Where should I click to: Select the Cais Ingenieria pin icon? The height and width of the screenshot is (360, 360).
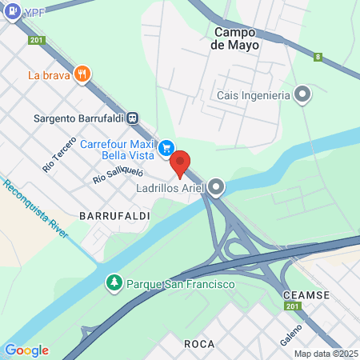tap(302, 96)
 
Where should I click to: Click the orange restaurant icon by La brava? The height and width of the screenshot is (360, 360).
tap(82, 75)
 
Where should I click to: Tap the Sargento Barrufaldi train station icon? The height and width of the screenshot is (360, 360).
tap(133, 118)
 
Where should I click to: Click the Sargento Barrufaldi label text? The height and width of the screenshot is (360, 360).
tap(78, 118)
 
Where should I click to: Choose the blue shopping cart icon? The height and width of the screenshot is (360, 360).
tap(167, 146)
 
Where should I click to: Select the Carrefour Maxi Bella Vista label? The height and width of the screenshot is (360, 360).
tap(118, 150)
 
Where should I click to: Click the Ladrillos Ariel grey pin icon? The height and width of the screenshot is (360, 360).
tap(218, 188)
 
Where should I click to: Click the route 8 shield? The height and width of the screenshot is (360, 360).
tap(318, 57)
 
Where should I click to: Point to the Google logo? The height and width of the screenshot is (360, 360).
tap(26, 350)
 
